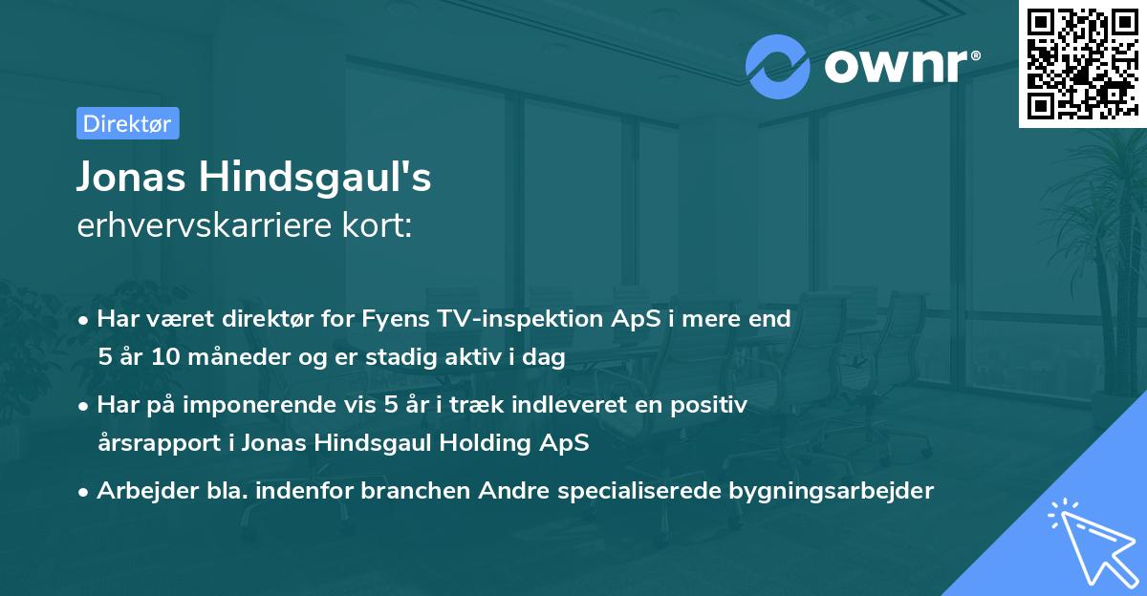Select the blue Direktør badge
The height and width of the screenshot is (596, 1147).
pos(127,123)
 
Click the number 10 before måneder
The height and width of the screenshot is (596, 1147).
pos(166,358)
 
